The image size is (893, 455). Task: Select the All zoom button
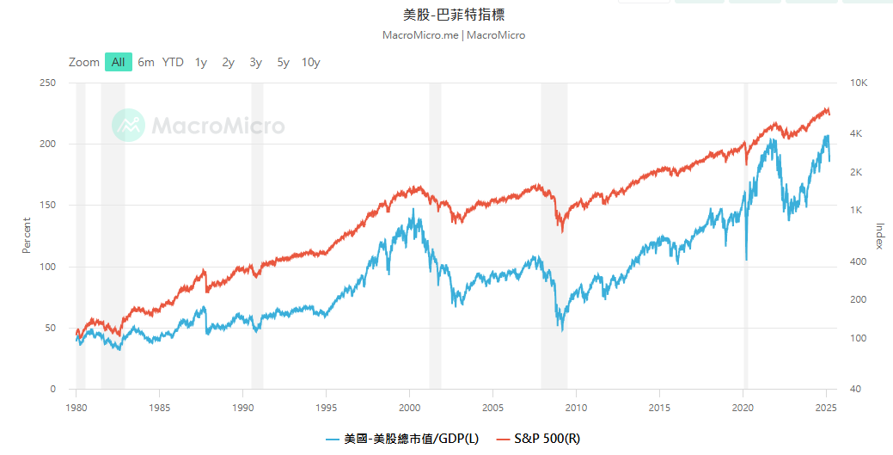pyautogui.click(x=118, y=62)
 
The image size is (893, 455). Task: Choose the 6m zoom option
pyautogui.click(x=146, y=62)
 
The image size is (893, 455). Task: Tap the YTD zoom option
pyautogui.click(x=173, y=62)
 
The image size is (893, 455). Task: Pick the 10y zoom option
pyautogui.click(x=310, y=62)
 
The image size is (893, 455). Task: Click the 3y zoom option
pyautogui.click(x=255, y=62)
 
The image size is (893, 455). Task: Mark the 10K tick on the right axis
pyautogui.click(x=859, y=83)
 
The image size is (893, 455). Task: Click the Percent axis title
pyautogui.click(x=26, y=235)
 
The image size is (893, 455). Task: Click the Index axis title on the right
pyautogui.click(x=879, y=236)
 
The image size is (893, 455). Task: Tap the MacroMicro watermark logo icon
pyautogui.click(x=128, y=126)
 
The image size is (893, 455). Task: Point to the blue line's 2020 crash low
pyautogui.click(x=746, y=259)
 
